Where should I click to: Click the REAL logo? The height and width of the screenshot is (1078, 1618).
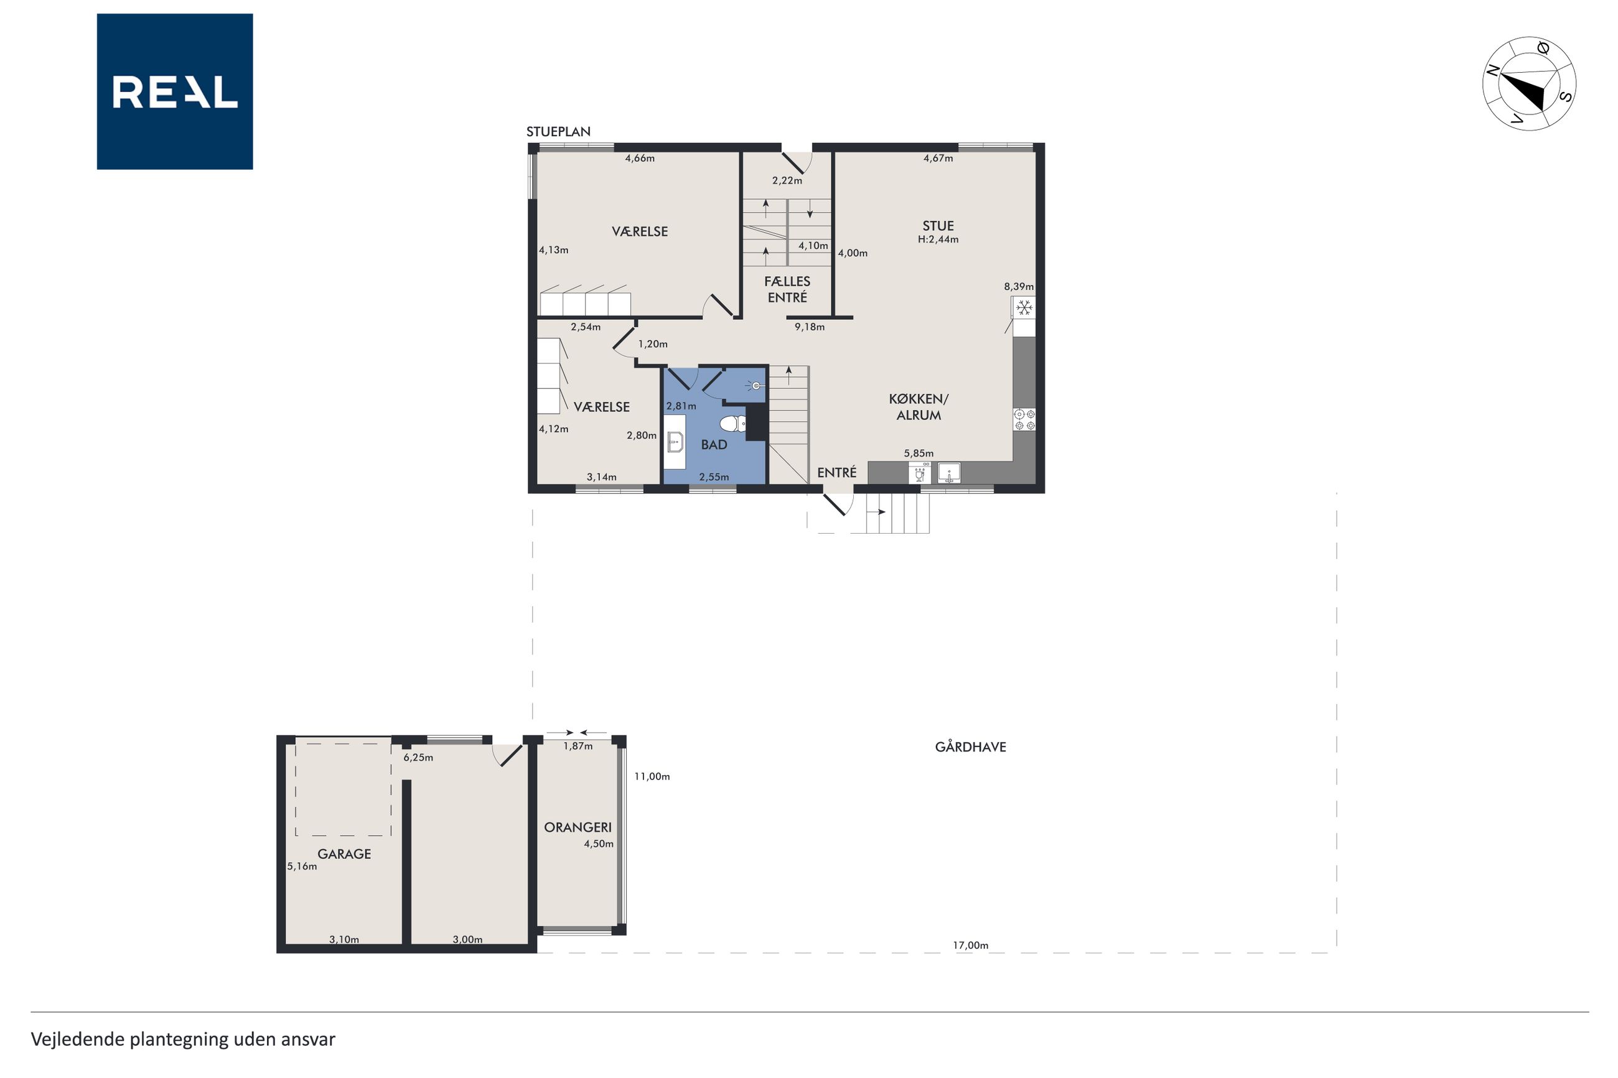(x=175, y=91)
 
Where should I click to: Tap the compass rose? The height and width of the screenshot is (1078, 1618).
(x=1528, y=84)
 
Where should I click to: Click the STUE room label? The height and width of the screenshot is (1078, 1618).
(x=938, y=226)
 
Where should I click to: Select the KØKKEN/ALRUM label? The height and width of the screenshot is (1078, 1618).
(x=919, y=407)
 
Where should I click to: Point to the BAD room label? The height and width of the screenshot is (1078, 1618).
(x=714, y=445)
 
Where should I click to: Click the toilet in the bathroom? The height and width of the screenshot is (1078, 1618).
(x=733, y=422)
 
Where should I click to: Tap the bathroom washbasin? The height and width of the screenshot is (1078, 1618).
(x=675, y=442)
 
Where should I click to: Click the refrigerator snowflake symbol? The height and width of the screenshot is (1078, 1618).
(x=1024, y=307)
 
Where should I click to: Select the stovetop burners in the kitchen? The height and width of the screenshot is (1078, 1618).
(x=1024, y=419)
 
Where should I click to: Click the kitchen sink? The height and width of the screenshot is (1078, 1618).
(x=949, y=473)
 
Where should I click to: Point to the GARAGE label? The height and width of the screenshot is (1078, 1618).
(x=344, y=854)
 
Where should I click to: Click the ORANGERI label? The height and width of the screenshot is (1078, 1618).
(x=578, y=827)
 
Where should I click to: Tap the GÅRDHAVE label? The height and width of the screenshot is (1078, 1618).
(x=970, y=746)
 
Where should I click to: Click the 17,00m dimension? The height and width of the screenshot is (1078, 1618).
(x=970, y=946)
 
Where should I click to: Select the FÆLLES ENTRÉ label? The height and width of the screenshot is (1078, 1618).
(x=787, y=289)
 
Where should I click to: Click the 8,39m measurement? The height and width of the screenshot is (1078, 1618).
(x=1018, y=287)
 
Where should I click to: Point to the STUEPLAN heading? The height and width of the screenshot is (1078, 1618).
(x=558, y=131)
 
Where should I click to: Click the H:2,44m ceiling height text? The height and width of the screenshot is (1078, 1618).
(x=938, y=239)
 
